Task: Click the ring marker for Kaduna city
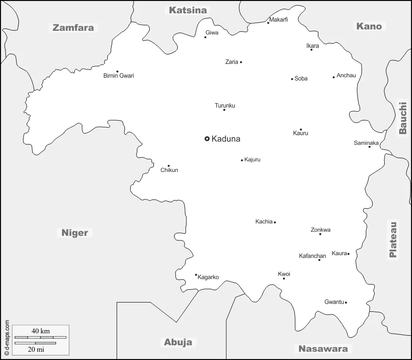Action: pos(207,138)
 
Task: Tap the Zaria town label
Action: pos(231,62)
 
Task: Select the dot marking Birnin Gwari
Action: pos(117,72)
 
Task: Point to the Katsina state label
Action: pos(188,10)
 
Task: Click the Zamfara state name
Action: pos(73,28)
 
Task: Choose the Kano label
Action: pos(369,26)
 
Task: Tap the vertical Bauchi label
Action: pos(403,118)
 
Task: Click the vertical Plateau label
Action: pos(393,240)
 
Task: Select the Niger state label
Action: pos(74,233)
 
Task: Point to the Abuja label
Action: pos(178,342)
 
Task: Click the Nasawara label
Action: pos(323,348)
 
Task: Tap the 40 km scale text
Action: pos(40,331)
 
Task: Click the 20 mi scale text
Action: pos(36,349)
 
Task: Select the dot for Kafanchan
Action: pos(319,260)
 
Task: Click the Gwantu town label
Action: pos(334,302)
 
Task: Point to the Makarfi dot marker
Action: pos(268,23)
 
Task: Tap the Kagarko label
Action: pos(208,277)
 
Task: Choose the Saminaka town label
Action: pos(366,143)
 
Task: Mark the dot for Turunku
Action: pos(224,110)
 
